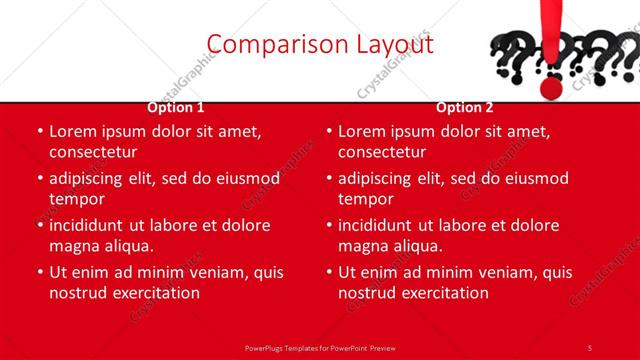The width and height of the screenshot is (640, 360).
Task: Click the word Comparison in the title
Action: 261,44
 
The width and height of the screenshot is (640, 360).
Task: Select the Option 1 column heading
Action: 176,107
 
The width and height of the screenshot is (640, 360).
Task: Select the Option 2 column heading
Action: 465,107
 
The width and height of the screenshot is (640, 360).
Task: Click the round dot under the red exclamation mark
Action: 550,88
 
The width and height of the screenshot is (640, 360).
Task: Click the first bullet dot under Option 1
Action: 39,131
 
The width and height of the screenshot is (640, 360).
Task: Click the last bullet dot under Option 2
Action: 328,272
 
